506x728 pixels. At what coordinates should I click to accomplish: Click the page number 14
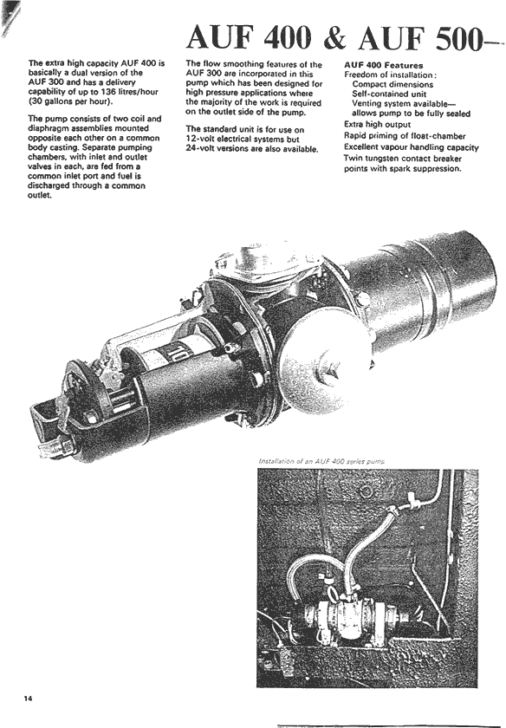tap(29, 699)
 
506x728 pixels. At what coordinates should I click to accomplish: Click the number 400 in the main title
tap(288, 37)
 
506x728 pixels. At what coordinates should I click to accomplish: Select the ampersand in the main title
tap(334, 37)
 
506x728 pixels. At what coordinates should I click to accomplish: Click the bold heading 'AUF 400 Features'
tap(384, 66)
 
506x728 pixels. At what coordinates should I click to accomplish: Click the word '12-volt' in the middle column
tap(199, 140)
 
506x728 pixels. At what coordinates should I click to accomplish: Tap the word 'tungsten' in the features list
tap(380, 159)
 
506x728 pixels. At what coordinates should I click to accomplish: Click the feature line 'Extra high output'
tap(378, 125)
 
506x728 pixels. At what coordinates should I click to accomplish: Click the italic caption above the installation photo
tap(321, 461)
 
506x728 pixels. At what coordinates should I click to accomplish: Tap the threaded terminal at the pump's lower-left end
tap(55, 449)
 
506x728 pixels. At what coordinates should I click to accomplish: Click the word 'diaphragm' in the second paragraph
tap(47, 128)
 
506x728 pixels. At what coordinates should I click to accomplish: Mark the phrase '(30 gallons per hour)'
tap(70, 101)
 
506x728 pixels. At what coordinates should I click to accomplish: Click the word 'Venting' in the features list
tap(367, 104)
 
